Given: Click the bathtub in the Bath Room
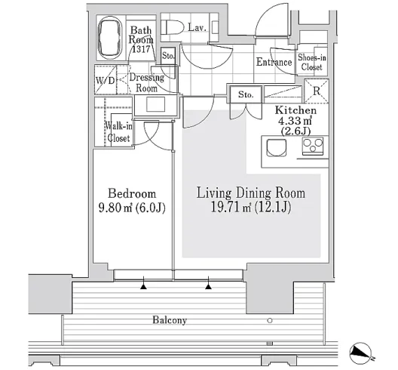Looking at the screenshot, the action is [x=110, y=38].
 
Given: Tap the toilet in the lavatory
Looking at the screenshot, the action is [x=173, y=27].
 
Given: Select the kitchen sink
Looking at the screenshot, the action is [x=276, y=148].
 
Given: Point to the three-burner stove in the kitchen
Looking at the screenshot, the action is [x=313, y=146].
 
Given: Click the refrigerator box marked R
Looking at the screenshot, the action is [x=317, y=91].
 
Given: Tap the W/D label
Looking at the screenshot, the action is [x=106, y=80].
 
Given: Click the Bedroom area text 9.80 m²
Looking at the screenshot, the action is [x=115, y=208].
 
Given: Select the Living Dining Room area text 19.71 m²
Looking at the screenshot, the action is [x=231, y=207].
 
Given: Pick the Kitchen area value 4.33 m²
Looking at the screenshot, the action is [x=295, y=121].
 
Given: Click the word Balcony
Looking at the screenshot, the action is [x=170, y=319].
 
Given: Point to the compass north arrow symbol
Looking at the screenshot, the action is [x=360, y=353].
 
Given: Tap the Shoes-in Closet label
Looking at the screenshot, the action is [x=312, y=62].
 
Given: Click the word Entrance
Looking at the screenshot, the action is [x=274, y=62].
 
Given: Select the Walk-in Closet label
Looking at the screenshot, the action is [x=118, y=131].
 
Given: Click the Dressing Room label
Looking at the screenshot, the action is [x=147, y=82].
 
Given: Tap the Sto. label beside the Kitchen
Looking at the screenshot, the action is [x=246, y=94].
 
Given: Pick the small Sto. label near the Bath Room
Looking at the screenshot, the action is [x=168, y=56].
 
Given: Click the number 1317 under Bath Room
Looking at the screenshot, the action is [x=142, y=49].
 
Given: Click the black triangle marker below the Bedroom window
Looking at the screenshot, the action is [x=144, y=287].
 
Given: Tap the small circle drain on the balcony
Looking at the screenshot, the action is [x=270, y=320].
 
